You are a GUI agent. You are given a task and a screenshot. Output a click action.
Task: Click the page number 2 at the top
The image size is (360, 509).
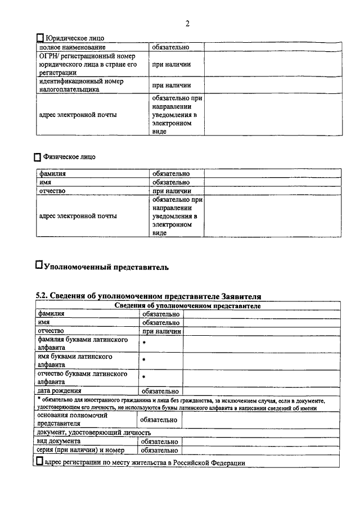click(187, 23)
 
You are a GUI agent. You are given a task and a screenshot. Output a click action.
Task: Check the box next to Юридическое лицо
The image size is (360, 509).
click(39, 38)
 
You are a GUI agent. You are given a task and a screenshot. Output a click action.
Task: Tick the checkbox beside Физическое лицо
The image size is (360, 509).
click(38, 157)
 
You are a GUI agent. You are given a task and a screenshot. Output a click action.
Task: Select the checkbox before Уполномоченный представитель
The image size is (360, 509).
click(39, 263)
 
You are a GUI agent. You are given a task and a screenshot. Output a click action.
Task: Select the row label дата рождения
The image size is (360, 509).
click(60, 391)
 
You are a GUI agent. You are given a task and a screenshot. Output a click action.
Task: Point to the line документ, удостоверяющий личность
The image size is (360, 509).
click(94, 433)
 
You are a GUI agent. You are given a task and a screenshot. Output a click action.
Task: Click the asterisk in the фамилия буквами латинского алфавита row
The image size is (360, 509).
click(144, 343)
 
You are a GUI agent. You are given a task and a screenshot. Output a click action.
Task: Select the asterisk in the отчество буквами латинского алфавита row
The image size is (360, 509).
click(144, 377)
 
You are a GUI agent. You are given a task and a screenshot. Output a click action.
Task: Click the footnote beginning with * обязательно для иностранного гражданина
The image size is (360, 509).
click(180, 404)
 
